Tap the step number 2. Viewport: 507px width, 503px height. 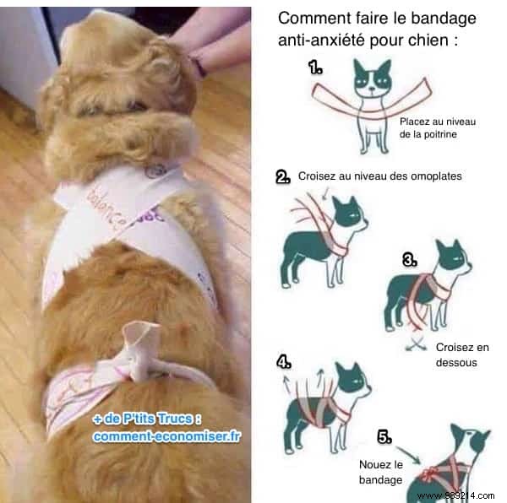(x=283, y=177)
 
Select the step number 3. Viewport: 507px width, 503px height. (x=410, y=261)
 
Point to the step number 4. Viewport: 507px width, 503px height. (x=284, y=362)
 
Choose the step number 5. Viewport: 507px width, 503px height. (x=384, y=437)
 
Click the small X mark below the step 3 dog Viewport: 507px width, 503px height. (x=414, y=344)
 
